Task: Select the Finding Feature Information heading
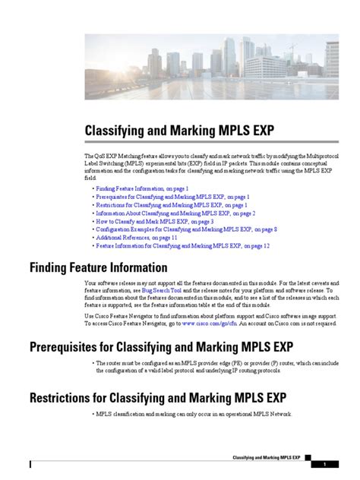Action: click(x=98, y=267)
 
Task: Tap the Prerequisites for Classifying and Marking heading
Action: click(x=161, y=347)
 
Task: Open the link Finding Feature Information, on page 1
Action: click(x=142, y=187)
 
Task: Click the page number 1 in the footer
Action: click(x=324, y=464)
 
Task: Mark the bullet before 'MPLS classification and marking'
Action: click(x=92, y=414)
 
